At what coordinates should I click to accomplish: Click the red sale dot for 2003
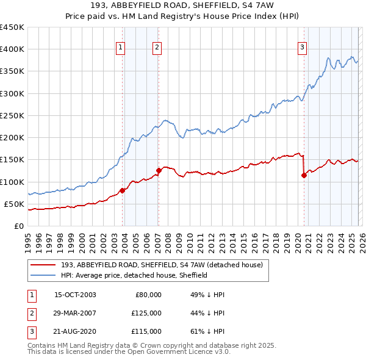(x=123, y=190)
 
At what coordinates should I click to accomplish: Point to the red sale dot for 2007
(x=159, y=170)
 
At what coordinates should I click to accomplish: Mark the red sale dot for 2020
(x=304, y=175)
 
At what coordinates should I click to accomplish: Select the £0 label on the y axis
(x=18, y=226)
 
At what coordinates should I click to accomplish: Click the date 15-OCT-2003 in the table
(x=75, y=295)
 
